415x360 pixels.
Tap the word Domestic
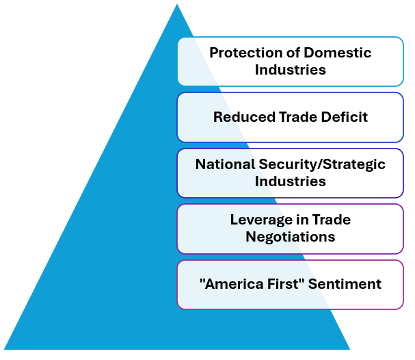click(338, 53)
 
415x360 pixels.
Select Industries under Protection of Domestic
click(291, 70)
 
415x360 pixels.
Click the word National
click(225, 164)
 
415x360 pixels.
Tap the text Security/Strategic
click(322, 165)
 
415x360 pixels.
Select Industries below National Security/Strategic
click(291, 181)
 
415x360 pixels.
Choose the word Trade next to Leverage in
click(332, 219)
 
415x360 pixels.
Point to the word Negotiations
click(291, 237)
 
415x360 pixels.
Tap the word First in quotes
click(286, 284)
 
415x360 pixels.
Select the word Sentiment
click(345, 284)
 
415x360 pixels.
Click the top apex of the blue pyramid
click(177, 4)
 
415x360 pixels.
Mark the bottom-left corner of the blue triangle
click(4, 349)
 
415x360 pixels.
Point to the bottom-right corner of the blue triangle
click(350, 349)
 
